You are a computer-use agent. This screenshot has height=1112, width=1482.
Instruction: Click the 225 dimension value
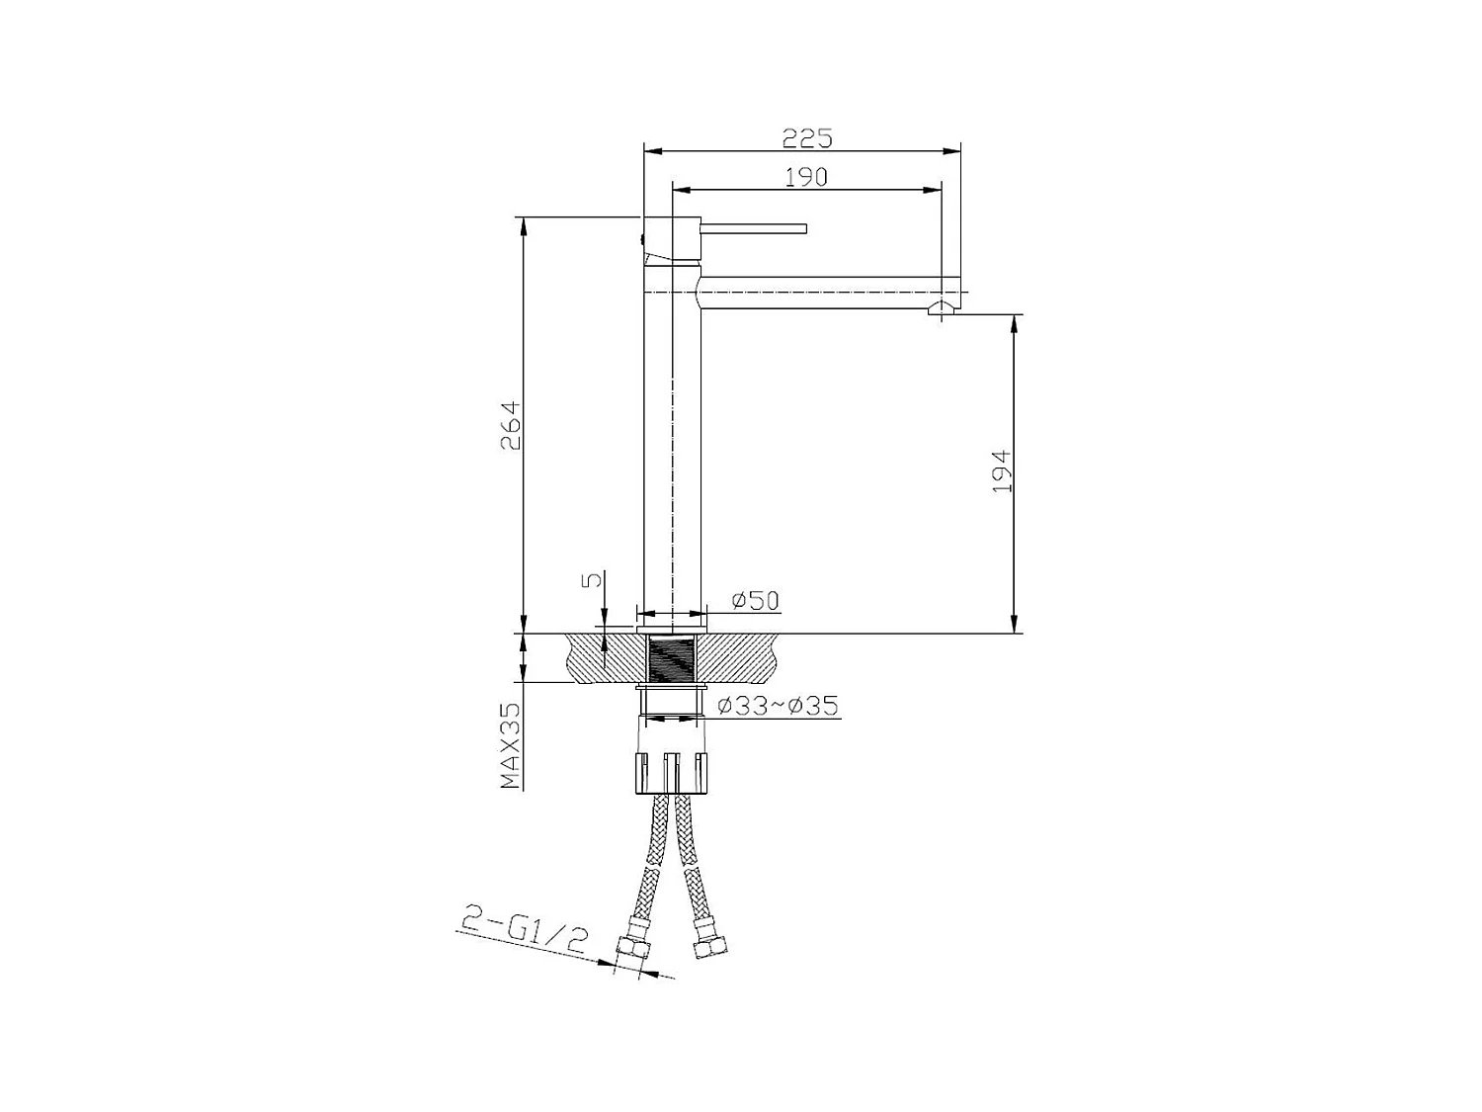807,137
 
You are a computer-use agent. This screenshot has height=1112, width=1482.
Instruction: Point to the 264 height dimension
510,426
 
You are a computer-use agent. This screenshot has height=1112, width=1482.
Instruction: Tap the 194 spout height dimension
1002,472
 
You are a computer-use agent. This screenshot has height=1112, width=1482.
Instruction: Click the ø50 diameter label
756,600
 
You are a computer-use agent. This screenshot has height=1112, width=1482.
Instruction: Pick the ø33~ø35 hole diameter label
778,706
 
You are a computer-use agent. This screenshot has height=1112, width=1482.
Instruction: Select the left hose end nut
632,950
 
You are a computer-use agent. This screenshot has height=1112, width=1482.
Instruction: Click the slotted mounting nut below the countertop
672,772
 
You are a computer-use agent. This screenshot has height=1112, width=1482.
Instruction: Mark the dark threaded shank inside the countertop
672,658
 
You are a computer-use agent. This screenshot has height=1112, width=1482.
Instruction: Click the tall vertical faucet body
672,445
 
